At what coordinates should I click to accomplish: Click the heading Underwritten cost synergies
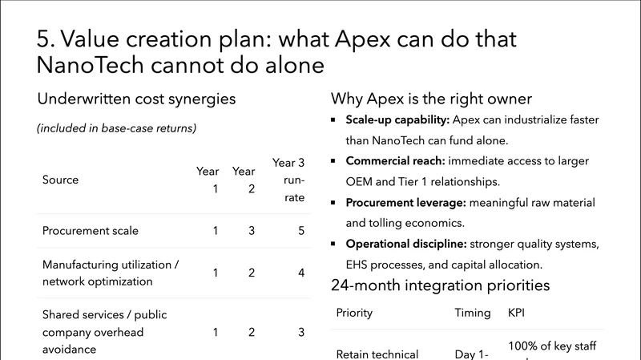tap(136, 99)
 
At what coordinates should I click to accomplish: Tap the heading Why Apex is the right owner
tap(431, 99)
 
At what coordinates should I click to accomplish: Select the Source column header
tap(60, 180)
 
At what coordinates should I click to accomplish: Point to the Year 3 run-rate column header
tap(290, 180)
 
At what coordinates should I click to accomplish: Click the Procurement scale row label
tap(90, 231)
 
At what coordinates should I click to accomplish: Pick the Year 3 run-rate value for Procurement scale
tap(301, 231)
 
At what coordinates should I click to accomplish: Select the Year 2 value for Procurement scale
tap(252, 231)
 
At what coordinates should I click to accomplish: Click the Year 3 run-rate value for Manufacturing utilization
tap(301, 273)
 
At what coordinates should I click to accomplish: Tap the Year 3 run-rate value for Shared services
tap(301, 332)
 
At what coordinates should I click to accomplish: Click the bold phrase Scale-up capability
tap(397, 120)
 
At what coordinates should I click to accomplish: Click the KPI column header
tap(517, 313)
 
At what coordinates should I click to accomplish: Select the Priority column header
tap(354, 313)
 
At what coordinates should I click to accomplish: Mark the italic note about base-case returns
tap(117, 128)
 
